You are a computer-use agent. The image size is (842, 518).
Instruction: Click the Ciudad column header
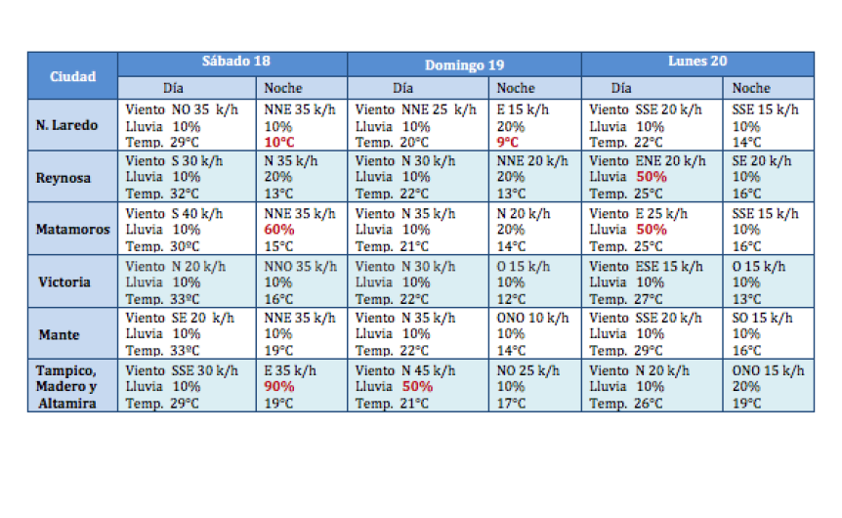(73, 75)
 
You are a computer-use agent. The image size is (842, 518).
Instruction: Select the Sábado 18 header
(235, 62)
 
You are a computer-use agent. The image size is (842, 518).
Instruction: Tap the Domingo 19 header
(464, 65)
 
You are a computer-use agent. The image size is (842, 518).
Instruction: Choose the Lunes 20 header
(697, 62)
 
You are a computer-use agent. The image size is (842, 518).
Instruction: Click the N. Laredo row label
(66, 126)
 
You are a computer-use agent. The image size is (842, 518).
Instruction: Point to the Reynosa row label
(63, 178)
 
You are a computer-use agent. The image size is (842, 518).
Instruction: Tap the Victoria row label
(64, 281)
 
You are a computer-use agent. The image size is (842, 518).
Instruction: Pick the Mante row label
(59, 334)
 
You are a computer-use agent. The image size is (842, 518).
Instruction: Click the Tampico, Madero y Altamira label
(66, 387)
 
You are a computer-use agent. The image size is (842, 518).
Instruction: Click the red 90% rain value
(279, 386)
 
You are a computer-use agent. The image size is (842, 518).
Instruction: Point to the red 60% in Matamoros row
(279, 229)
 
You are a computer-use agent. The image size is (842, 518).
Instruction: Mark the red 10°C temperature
(280, 143)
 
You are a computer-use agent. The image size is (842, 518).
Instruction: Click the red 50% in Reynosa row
(652, 177)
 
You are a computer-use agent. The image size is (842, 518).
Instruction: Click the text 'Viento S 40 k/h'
(174, 212)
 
